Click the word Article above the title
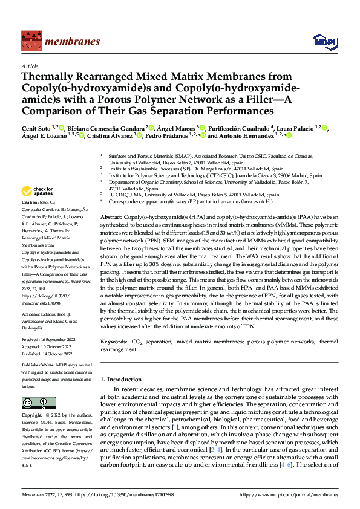click(30, 66)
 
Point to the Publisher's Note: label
click(38, 366)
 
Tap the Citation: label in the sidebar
click(30, 201)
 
